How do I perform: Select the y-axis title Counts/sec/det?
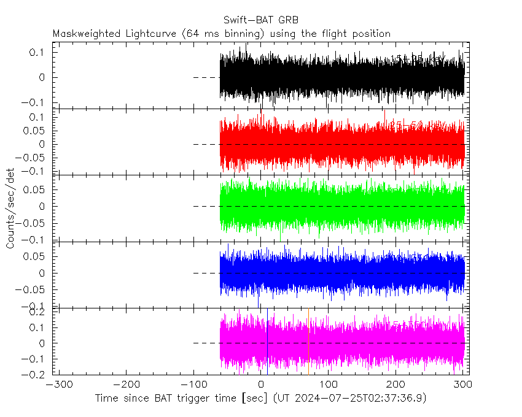[10, 208]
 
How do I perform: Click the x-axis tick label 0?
[262, 384]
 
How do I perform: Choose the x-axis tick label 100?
[329, 384]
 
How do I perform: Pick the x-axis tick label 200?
[396, 384]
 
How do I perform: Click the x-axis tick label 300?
[464, 384]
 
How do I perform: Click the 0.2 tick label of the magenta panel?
[38, 313]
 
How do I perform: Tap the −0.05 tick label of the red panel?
[31, 157]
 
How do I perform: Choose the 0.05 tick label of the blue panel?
[35, 257]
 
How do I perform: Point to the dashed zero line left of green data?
[206, 206]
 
